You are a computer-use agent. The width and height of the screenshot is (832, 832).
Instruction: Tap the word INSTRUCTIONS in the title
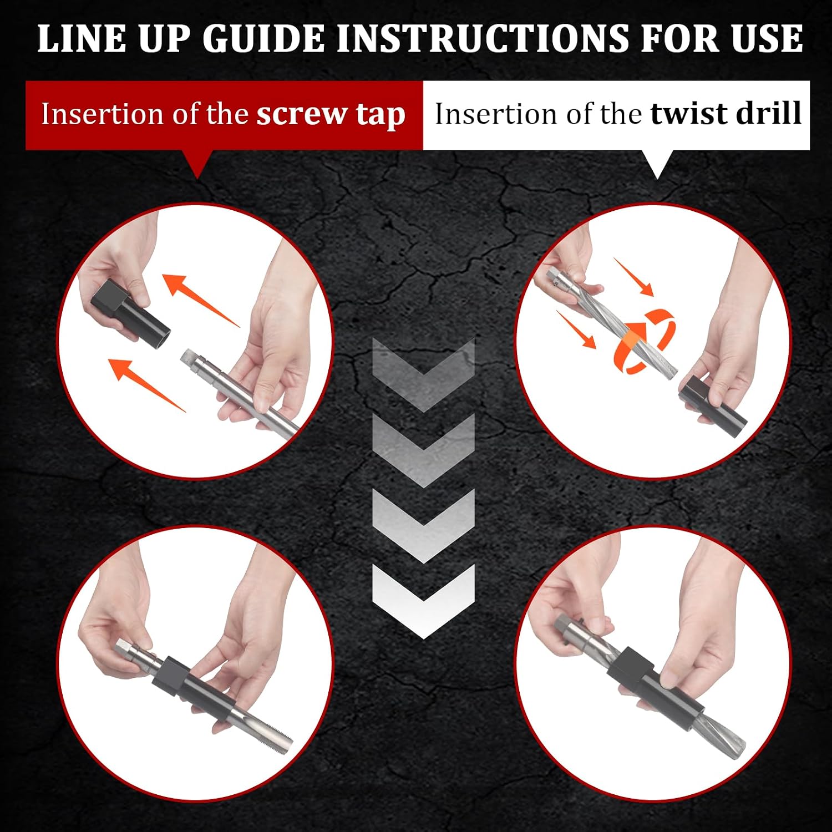483,39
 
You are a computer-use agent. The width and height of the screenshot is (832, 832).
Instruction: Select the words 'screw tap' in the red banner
331,115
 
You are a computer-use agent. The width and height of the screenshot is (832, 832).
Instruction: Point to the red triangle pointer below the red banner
198,163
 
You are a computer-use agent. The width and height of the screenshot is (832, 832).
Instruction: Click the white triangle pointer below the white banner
657,164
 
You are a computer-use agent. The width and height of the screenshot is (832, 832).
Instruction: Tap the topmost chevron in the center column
423,373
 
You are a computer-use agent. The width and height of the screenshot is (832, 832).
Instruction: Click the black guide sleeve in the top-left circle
130,311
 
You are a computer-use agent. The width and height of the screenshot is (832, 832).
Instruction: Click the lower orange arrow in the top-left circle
147,384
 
